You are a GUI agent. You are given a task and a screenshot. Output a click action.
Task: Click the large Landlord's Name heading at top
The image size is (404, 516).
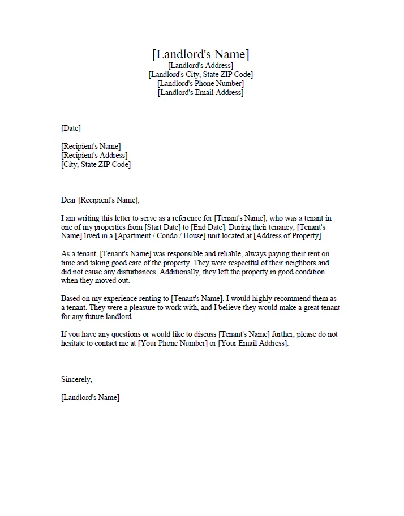point(200,54)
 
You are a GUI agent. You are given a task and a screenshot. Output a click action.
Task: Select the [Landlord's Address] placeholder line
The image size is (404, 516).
point(200,66)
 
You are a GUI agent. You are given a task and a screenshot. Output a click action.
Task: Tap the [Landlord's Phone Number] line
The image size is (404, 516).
point(200,84)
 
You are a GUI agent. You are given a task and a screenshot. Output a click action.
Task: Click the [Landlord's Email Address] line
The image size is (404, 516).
point(200,93)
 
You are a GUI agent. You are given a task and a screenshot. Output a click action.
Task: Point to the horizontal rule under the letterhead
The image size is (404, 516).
point(200,114)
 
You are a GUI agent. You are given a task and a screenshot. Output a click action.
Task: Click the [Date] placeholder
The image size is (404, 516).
point(71,128)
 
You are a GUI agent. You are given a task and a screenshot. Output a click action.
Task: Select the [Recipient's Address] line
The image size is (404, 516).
point(94,156)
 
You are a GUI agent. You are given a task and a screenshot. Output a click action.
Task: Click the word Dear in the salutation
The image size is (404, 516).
point(68,200)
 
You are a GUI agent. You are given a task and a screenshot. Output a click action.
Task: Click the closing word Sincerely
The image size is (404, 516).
point(76,380)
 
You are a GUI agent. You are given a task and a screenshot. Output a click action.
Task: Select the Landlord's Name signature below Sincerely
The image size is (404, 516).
point(90,398)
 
